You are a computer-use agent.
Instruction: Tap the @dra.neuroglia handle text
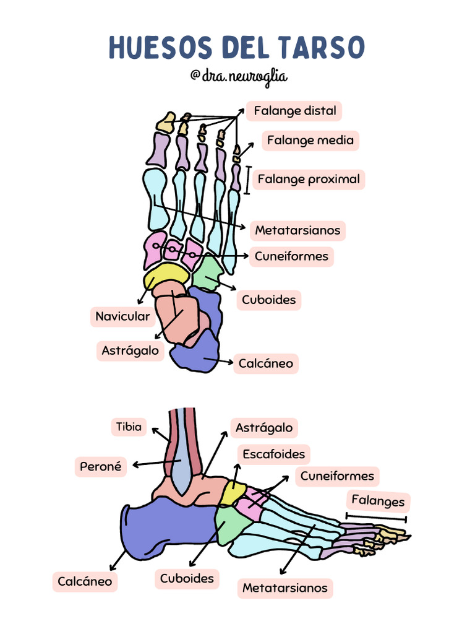tap(239, 76)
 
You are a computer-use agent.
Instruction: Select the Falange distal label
tap(294, 111)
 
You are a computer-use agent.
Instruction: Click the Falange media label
tap(310, 141)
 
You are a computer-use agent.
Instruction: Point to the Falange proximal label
tap(308, 180)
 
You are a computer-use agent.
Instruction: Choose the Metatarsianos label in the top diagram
tap(297, 231)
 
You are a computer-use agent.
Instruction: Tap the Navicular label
tap(122, 317)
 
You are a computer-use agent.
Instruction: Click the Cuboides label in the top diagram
tap(268, 300)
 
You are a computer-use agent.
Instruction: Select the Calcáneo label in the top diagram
tap(266, 363)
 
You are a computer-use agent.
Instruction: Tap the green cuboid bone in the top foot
tap(208, 272)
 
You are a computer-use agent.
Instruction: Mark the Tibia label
tap(129, 427)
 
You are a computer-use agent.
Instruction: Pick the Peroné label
tap(100, 467)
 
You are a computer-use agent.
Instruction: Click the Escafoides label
tap(273, 454)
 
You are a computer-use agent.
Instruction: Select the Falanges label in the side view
tap(378, 501)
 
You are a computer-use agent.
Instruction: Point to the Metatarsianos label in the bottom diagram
tap(285, 588)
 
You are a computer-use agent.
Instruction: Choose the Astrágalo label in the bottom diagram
tap(264, 428)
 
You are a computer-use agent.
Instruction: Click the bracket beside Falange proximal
tap(247, 180)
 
